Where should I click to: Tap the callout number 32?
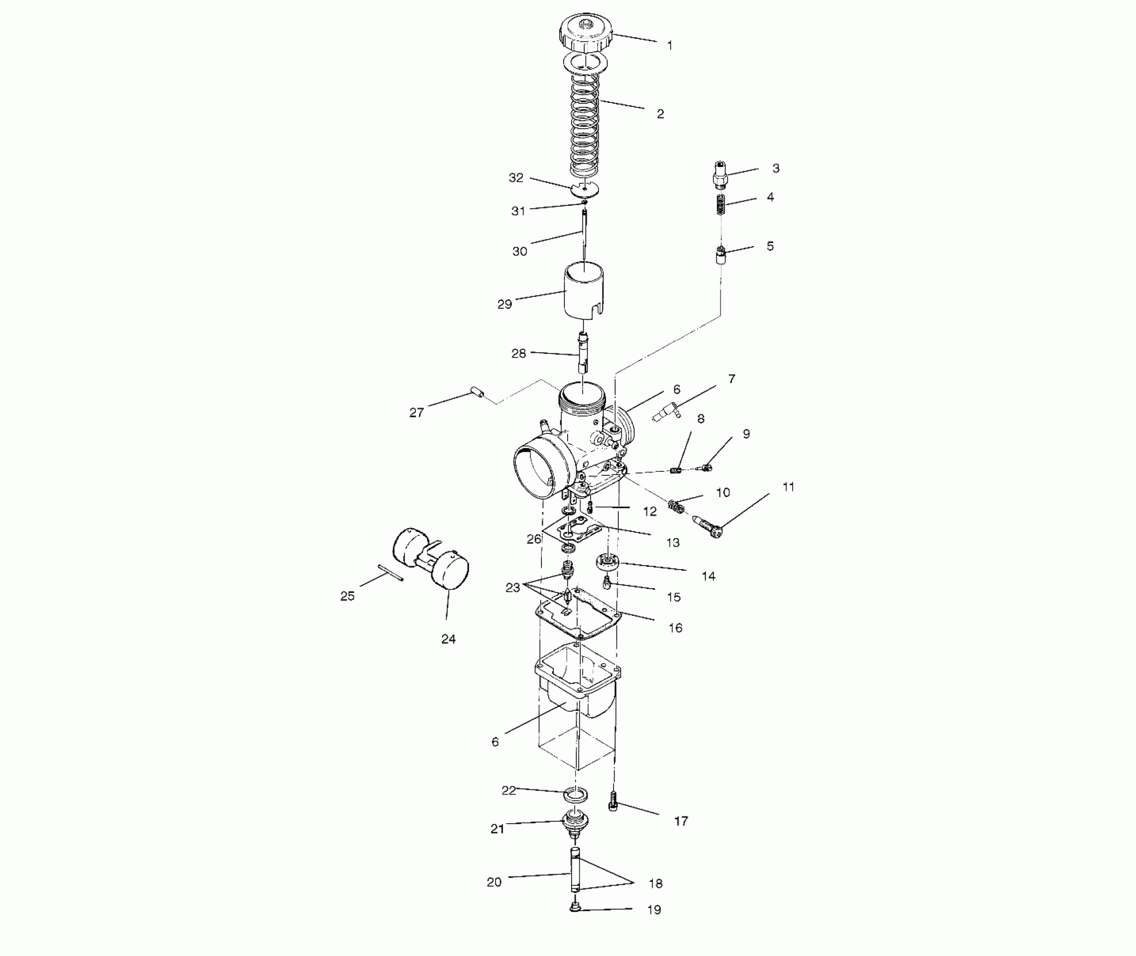[x=516, y=178]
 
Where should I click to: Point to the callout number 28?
[x=518, y=353]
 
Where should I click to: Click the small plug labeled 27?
[x=478, y=392]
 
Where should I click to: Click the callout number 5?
[x=770, y=246]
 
